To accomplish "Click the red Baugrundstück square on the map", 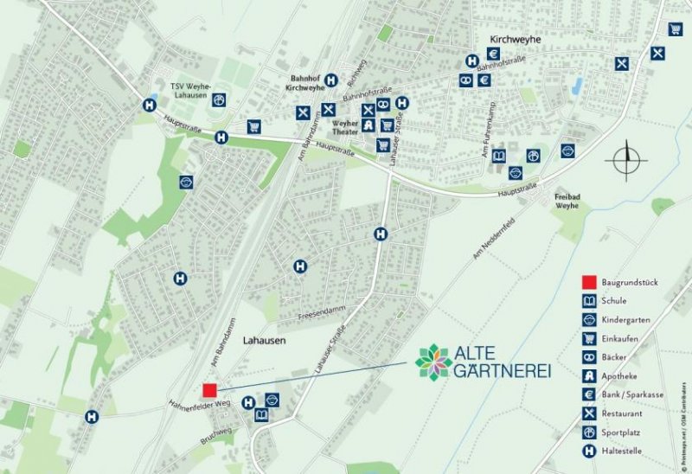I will click(208, 390).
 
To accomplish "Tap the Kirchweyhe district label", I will click(514, 40).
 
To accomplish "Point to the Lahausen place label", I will click(263, 341).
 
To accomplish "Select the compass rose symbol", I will click(628, 161).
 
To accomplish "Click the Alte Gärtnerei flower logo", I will click(432, 361).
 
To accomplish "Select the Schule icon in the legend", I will click(589, 301).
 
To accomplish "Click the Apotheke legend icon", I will click(589, 375).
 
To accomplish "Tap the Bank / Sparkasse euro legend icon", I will click(589, 394).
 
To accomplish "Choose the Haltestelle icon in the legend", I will click(589, 451).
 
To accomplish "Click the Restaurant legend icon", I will click(589, 413).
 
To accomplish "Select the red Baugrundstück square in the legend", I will click(589, 282).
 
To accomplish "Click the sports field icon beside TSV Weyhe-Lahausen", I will click(220, 99).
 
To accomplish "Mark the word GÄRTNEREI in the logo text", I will click(502, 371).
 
